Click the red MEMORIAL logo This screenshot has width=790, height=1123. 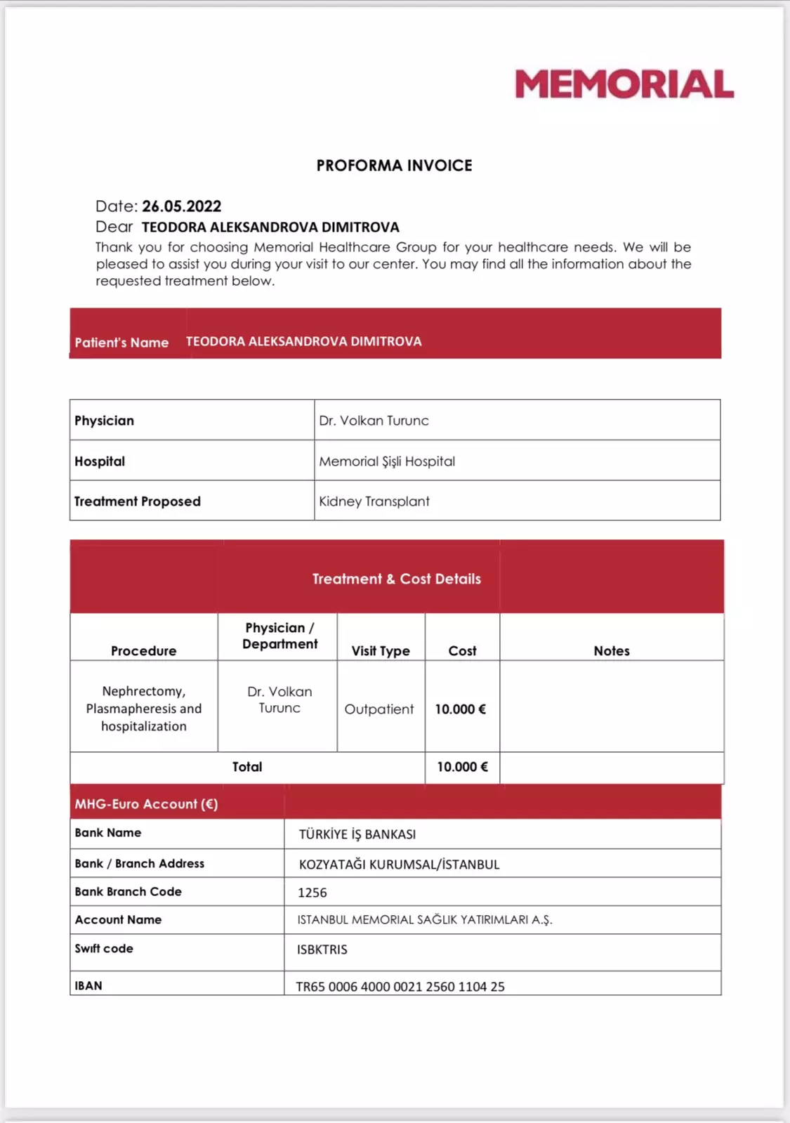[x=624, y=84]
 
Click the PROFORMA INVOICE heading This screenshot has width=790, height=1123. [x=394, y=166]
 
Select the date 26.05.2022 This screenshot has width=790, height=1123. [x=181, y=206]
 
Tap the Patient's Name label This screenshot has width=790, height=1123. [x=121, y=343]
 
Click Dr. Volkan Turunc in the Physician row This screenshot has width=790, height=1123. [x=374, y=421]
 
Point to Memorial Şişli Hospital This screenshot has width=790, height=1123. [x=387, y=461]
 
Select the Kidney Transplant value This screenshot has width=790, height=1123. [x=374, y=501]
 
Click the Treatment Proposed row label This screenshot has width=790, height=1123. [x=138, y=501]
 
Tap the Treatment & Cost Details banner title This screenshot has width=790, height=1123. [x=397, y=579]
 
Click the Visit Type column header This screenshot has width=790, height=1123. [x=381, y=651]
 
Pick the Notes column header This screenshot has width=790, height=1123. [x=612, y=651]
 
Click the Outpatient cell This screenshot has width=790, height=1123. [x=379, y=709]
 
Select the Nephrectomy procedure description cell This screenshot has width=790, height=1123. [x=144, y=709]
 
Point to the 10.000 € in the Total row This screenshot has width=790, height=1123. [x=462, y=767]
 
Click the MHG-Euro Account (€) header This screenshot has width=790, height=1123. [x=146, y=804]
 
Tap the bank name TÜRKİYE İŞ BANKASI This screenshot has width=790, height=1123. [x=357, y=834]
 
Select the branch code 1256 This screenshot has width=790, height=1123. [x=312, y=893]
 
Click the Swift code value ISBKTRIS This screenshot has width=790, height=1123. [x=322, y=950]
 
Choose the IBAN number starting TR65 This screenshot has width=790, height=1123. [x=400, y=987]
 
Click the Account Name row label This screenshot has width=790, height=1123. [x=118, y=920]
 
